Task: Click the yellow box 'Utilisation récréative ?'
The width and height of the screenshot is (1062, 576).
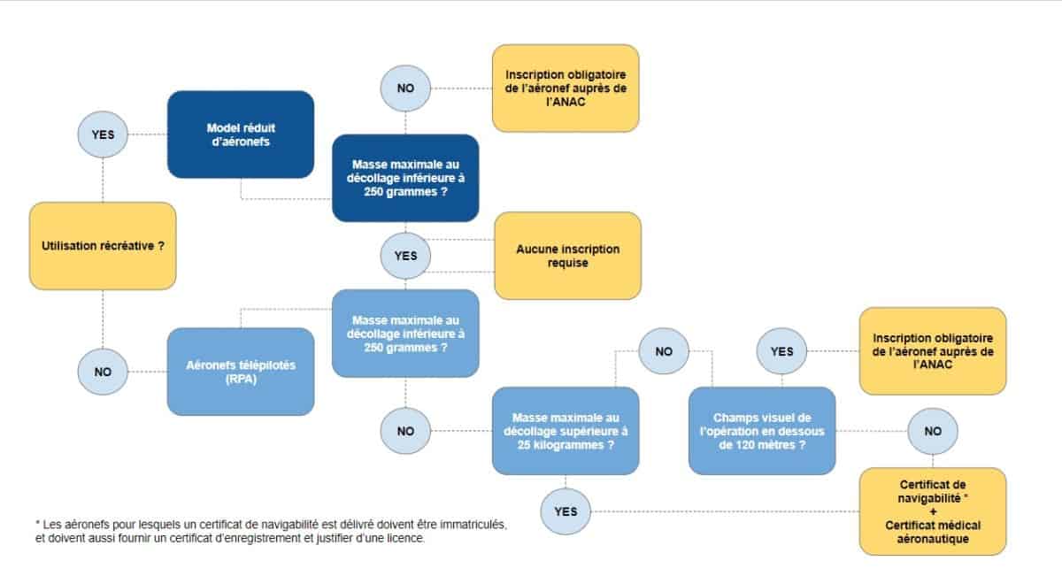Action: click(103, 246)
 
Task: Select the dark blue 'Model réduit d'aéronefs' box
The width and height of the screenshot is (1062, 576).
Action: click(241, 134)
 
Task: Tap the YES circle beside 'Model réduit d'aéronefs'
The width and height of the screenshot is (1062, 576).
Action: click(103, 134)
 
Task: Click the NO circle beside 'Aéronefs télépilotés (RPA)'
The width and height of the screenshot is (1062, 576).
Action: click(103, 372)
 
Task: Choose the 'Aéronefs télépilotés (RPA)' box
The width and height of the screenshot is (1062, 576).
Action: click(241, 372)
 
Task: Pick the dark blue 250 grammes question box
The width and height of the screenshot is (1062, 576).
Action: click(405, 178)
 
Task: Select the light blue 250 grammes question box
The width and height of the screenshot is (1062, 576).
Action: click(405, 334)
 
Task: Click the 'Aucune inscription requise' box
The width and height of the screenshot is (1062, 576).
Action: click(568, 256)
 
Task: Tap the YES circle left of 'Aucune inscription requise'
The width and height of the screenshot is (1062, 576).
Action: click(405, 256)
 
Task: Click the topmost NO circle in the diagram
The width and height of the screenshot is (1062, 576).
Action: click(405, 88)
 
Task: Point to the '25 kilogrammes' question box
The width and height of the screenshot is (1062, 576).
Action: click(566, 431)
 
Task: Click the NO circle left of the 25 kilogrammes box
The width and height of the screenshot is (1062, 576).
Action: click(405, 431)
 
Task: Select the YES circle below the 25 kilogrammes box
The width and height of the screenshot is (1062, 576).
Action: click(566, 511)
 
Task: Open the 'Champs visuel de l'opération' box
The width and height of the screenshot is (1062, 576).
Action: click(762, 431)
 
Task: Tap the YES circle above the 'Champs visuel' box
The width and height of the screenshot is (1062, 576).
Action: click(781, 351)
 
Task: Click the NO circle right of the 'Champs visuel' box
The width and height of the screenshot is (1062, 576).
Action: click(933, 431)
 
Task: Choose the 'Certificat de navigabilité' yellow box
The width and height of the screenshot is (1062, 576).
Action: click(933, 511)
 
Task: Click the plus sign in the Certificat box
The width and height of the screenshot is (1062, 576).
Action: click(933, 512)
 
